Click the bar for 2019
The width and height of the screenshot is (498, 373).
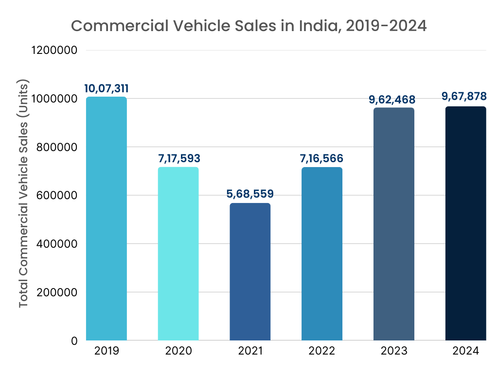106,219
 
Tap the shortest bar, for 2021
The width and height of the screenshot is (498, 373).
250,271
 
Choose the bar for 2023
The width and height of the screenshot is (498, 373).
394,224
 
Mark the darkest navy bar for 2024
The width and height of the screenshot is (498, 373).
466,223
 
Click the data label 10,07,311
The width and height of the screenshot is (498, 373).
106,88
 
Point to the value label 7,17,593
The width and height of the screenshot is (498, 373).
178,158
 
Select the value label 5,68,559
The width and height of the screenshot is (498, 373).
250,194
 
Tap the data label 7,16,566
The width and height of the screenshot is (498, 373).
322,158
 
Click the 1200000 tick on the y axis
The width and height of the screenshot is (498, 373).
54,50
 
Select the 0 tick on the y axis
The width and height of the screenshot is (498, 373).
74,341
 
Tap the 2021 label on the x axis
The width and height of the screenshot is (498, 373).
250,351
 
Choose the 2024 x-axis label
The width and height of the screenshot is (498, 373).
466,351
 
